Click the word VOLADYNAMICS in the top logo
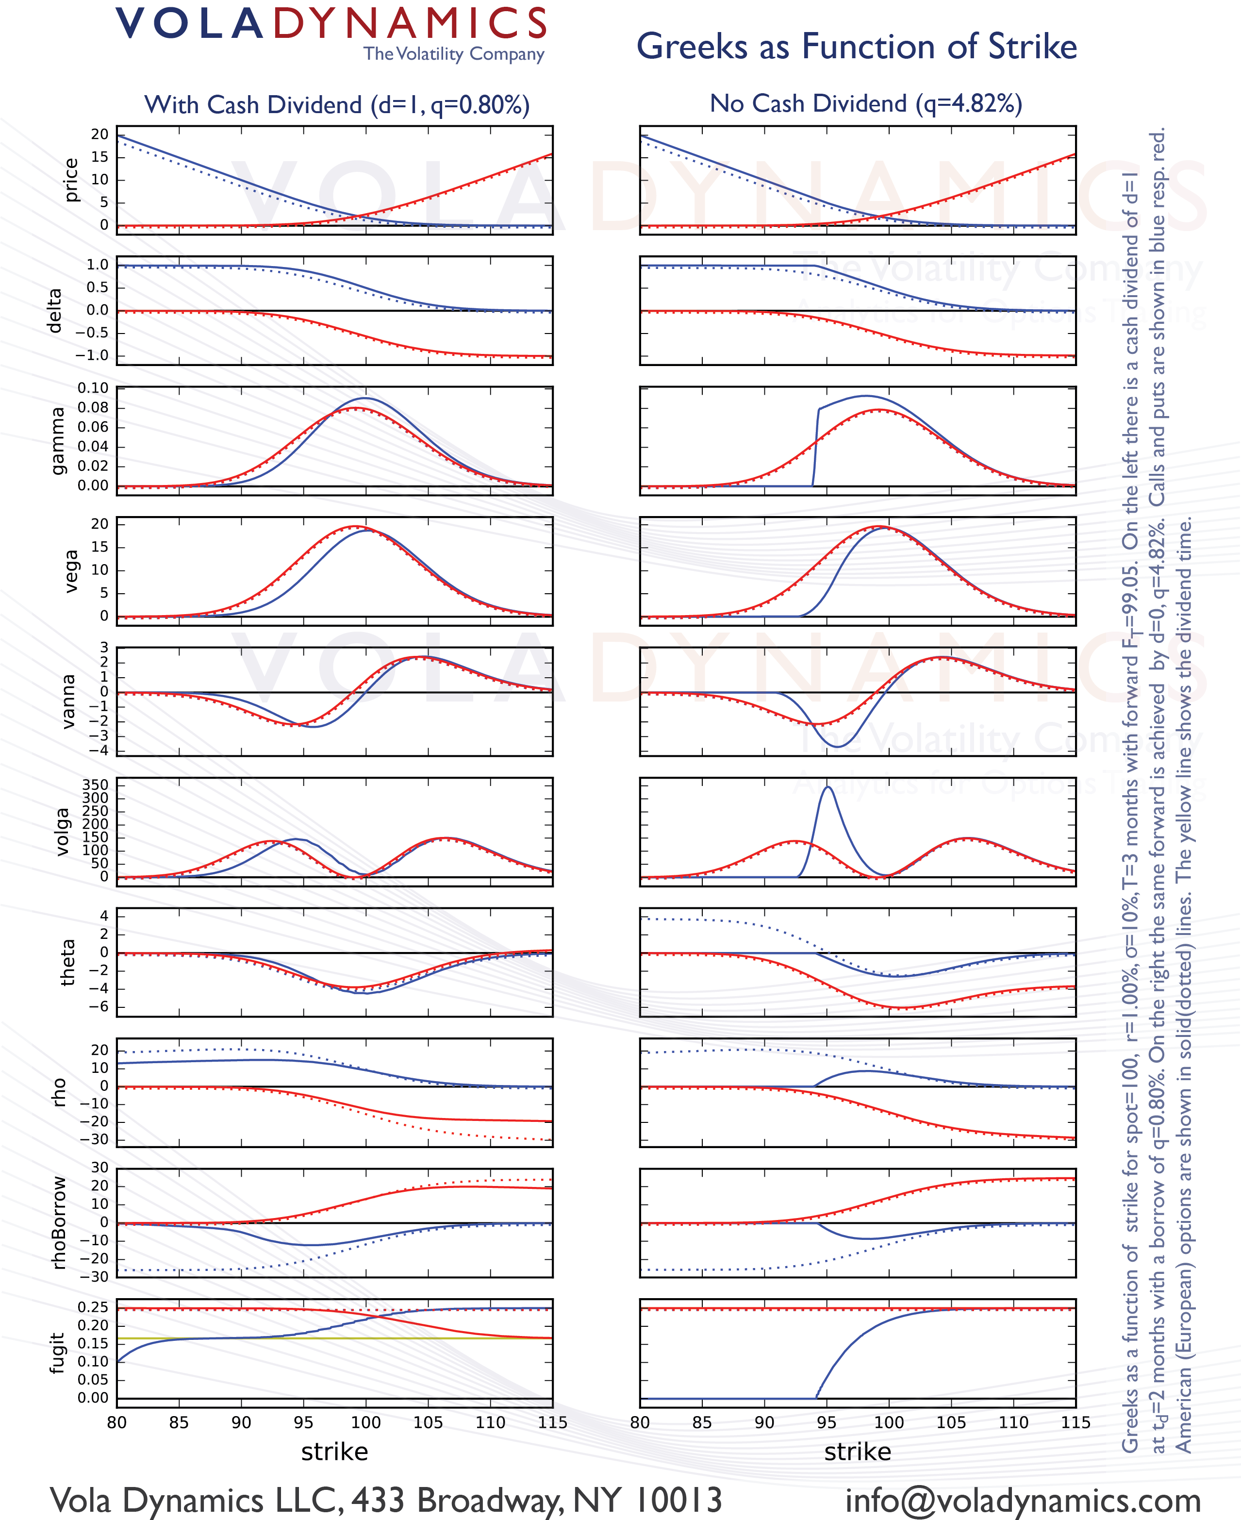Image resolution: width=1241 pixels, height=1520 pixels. [x=331, y=24]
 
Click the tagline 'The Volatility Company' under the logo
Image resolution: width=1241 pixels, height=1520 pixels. [x=453, y=54]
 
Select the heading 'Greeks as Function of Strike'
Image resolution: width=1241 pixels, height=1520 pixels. [x=857, y=47]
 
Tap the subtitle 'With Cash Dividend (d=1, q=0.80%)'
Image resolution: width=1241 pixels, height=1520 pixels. [x=337, y=105]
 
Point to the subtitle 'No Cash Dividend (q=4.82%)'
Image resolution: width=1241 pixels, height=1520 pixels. [x=866, y=104]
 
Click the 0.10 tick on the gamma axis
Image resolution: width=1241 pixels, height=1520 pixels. [x=93, y=388]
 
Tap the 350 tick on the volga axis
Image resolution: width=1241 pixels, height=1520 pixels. [x=95, y=785]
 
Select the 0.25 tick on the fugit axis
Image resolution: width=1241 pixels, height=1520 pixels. [x=93, y=1308]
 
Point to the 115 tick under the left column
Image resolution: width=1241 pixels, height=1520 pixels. [x=552, y=1423]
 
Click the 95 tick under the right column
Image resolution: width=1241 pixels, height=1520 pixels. [x=827, y=1423]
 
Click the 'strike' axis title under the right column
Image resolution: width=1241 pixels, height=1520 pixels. [x=857, y=1452]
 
